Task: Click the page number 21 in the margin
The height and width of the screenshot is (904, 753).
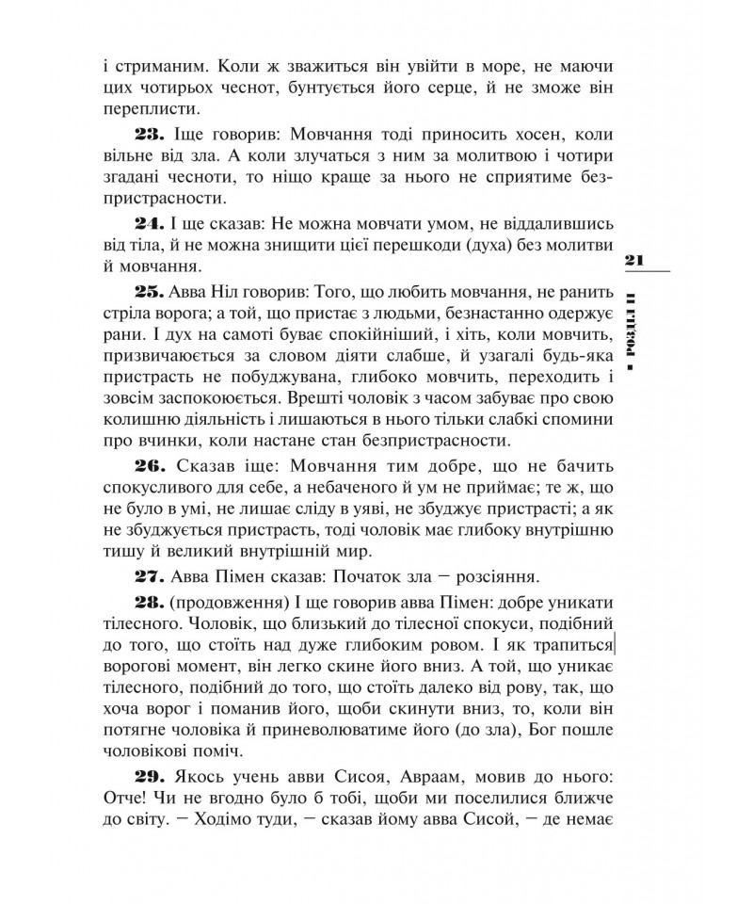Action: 632,259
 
